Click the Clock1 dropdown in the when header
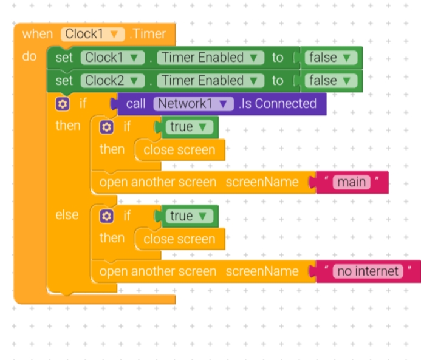coord(92,34)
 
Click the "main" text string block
coord(352,182)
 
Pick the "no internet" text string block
coord(369,271)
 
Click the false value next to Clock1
coord(330,58)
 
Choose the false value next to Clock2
coord(330,81)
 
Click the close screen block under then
coord(179,150)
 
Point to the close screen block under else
coord(179,239)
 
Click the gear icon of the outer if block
coord(62,104)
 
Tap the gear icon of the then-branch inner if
coord(107,127)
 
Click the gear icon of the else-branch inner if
coord(107,216)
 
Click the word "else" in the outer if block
coord(67,216)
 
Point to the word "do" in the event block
coord(29,57)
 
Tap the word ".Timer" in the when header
coord(148,34)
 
